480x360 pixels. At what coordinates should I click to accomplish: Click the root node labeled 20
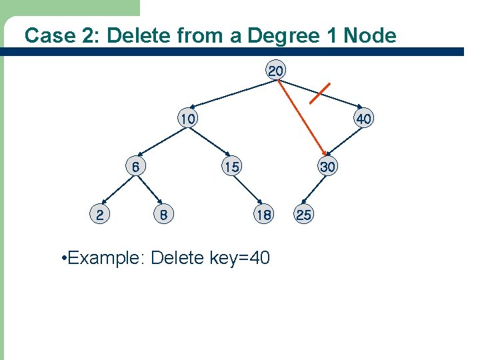(276, 70)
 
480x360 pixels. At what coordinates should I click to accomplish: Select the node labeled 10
(187, 119)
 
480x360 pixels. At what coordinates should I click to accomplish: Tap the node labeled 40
(364, 119)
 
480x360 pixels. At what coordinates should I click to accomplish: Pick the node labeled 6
(135, 167)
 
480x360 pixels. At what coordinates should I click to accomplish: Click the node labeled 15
(231, 167)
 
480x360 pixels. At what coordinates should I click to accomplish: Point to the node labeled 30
(327, 167)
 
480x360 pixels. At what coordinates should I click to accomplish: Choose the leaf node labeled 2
(99, 215)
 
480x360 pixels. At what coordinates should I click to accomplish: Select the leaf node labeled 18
(263, 215)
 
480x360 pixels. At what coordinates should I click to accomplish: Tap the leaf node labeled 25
(304, 215)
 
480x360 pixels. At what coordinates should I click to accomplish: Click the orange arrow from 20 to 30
(300, 117)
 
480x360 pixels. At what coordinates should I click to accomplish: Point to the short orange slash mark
(320, 93)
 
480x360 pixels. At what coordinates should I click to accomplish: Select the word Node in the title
(370, 35)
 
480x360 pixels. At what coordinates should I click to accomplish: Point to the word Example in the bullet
(106, 257)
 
